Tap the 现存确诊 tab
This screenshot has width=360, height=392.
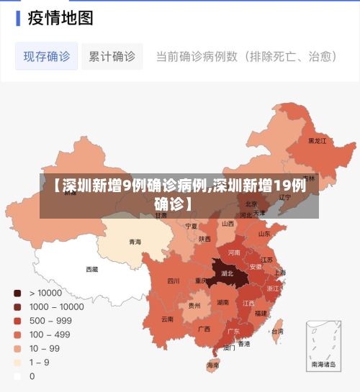point(47,56)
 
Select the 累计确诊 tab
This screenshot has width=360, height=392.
point(112,56)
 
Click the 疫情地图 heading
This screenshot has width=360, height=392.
point(60,17)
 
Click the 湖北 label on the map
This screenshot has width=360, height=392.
point(227,274)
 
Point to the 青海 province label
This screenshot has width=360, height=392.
point(135,242)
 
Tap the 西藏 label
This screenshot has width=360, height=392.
point(92,270)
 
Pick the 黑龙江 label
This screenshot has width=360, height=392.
point(317,141)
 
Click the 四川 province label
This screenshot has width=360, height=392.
point(174,281)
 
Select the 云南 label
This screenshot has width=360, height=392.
point(167,319)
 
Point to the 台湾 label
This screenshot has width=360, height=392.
point(277,332)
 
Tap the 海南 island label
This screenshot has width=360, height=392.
point(212,365)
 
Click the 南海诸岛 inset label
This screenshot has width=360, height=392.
point(323,365)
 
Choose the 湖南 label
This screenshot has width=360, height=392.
point(222,303)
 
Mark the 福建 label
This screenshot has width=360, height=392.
point(261,313)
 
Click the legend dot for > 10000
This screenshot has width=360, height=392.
point(17,293)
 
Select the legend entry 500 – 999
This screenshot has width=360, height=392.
point(50,320)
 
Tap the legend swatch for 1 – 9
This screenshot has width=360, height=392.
point(17,362)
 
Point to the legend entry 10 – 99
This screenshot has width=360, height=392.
point(45,348)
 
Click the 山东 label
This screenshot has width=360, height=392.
point(264,234)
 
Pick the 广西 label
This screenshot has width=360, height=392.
point(204,329)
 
